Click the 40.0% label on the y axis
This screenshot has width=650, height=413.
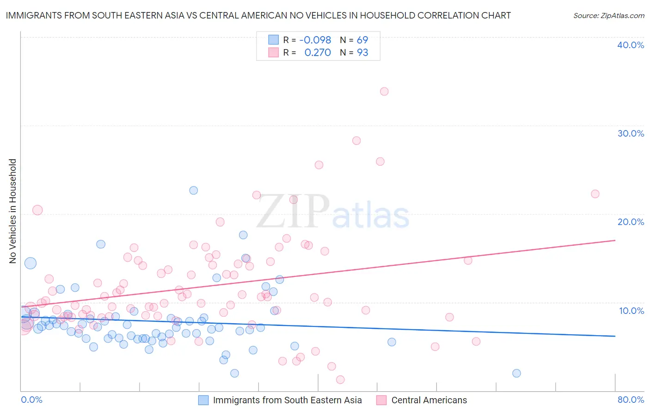631,45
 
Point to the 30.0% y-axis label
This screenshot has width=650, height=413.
631,133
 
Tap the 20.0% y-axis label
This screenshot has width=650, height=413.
631,222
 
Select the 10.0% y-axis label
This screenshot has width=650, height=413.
632,311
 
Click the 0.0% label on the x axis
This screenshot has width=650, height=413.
31,400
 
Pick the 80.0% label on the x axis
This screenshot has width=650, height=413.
631,400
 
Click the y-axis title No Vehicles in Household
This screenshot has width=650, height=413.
13,211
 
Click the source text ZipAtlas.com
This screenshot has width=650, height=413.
609,15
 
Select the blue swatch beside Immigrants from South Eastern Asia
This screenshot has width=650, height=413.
203,400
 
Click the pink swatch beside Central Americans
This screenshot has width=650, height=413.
381,400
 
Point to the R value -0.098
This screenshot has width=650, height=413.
315,40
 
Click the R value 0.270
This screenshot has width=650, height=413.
318,52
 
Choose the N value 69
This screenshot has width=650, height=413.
362,40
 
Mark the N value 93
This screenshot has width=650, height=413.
362,52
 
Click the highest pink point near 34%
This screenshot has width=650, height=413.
384,92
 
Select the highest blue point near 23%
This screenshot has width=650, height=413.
194,190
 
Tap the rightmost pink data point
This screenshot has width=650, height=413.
595,194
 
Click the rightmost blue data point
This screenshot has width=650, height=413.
517,373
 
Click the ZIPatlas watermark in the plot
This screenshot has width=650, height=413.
333,212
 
